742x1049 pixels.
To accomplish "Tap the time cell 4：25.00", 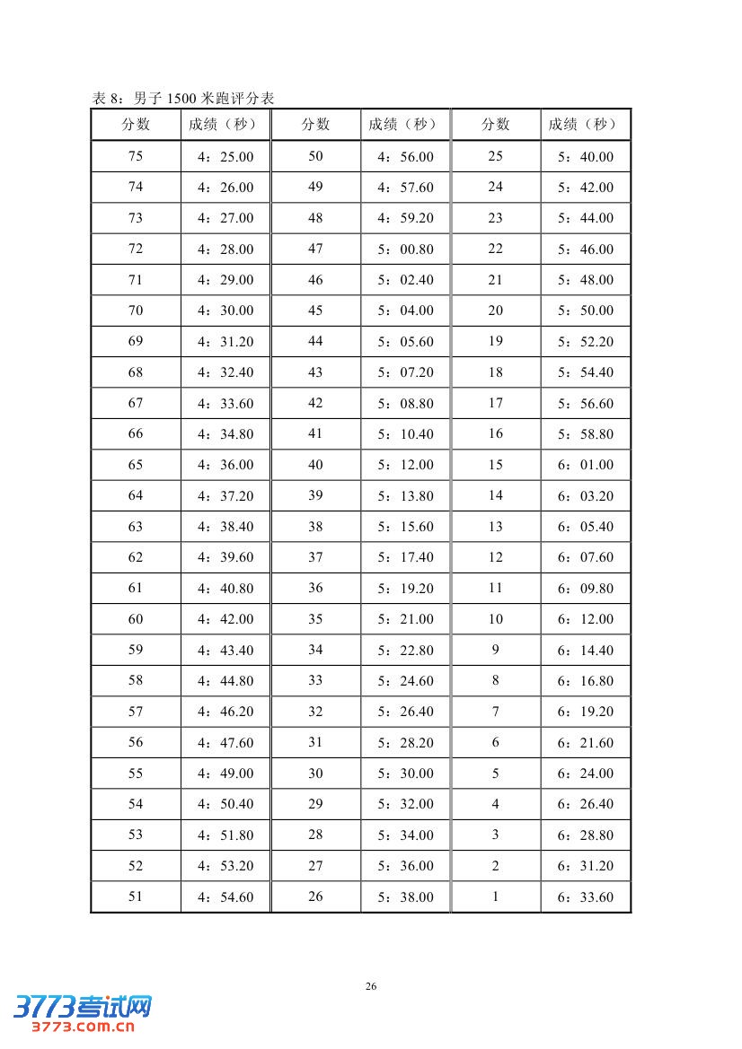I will click(x=225, y=157).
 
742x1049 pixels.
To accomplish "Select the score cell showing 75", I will click(x=136, y=156).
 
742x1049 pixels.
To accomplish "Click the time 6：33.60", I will click(x=586, y=896).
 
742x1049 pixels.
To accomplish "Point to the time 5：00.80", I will click(x=405, y=249).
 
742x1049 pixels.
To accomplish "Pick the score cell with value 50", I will click(x=315, y=156).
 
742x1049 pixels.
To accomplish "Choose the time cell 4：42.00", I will click(x=225, y=619).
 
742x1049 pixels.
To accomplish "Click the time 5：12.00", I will click(x=405, y=465).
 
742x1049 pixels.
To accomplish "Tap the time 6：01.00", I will click(x=586, y=465).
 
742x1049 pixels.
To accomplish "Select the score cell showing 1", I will click(x=495, y=896).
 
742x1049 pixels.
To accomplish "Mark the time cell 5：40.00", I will click(x=586, y=157).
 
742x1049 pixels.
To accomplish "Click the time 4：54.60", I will click(x=225, y=896).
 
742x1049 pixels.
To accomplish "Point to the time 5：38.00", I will click(x=405, y=896).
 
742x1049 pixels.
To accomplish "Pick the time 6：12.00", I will click(x=586, y=619).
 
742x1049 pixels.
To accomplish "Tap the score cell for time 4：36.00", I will click(x=136, y=465).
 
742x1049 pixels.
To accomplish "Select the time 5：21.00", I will click(x=405, y=619).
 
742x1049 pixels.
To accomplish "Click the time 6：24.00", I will click(x=586, y=774).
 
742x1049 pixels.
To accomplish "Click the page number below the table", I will click(x=371, y=986).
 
